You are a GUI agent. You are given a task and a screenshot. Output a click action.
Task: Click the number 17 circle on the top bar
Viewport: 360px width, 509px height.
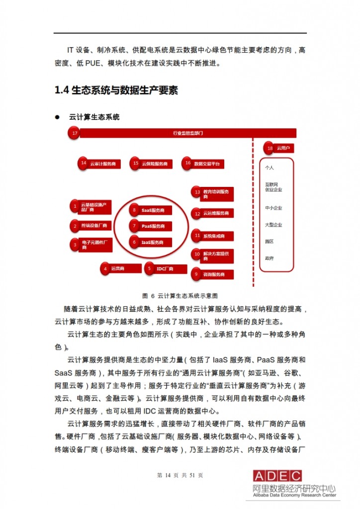[x=75, y=133]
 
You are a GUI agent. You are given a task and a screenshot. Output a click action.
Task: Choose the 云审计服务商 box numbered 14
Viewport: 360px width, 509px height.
[x=99, y=163]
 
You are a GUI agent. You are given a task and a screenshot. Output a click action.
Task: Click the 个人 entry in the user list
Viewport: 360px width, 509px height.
[x=270, y=168]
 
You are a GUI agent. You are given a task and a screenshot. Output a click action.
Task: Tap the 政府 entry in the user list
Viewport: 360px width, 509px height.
[x=270, y=258]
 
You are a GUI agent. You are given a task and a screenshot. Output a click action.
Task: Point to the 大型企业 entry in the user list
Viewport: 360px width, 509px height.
[x=273, y=225]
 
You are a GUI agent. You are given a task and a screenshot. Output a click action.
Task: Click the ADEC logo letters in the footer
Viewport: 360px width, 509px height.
[x=277, y=476]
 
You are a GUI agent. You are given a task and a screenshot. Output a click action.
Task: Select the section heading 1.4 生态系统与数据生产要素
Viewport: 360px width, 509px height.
[x=116, y=90]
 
